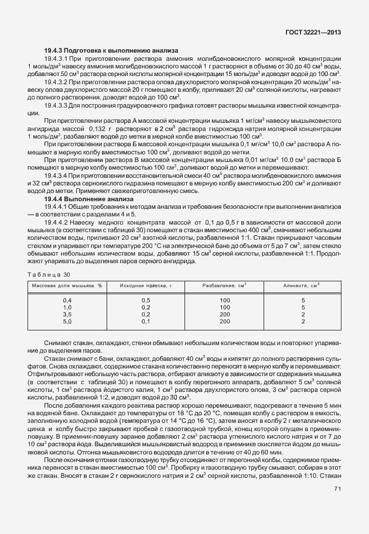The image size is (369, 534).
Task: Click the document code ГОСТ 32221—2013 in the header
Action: pos(313,33)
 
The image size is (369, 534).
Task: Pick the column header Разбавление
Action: pos(224,285)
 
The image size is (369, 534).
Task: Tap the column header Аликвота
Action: pos(303,285)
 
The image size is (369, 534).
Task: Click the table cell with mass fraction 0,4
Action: pos(67,300)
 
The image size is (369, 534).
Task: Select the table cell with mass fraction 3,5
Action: pos(67,314)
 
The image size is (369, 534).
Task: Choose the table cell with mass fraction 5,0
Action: pos(67,321)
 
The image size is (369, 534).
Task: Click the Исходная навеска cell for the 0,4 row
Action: pos(146,300)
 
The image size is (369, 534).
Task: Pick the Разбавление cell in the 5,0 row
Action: pos(224,321)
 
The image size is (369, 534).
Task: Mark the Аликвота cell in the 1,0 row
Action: pos(303,307)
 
